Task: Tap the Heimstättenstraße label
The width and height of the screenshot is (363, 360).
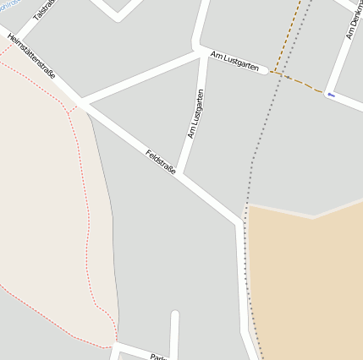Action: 31,57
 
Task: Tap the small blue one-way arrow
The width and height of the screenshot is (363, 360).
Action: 331,95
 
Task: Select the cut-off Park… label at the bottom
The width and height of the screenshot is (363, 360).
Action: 157,357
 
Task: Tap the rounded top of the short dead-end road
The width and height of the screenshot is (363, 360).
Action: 175,315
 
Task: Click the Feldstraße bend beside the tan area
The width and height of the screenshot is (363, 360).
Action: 240,225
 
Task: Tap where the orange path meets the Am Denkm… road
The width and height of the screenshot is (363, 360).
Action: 325,92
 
